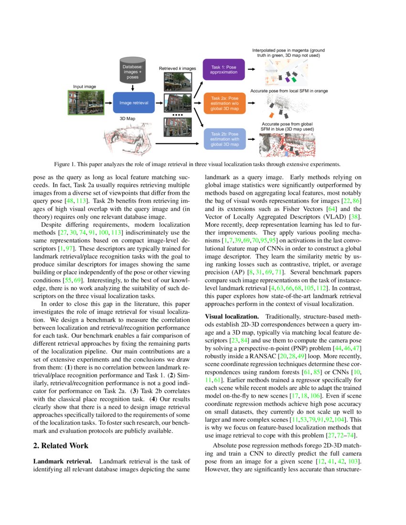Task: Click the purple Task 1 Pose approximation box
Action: click(224, 70)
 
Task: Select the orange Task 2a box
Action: click(224, 103)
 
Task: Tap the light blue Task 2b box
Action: click(224, 138)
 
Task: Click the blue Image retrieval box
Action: click(134, 103)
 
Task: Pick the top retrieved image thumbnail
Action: click(177, 82)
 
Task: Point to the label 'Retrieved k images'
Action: click(177, 69)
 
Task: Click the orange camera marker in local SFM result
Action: click(272, 115)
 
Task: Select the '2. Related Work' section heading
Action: click(61, 446)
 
